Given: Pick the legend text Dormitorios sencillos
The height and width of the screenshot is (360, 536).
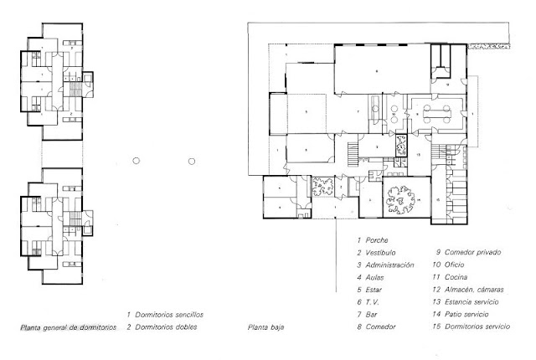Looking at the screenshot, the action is tap(168, 313).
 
